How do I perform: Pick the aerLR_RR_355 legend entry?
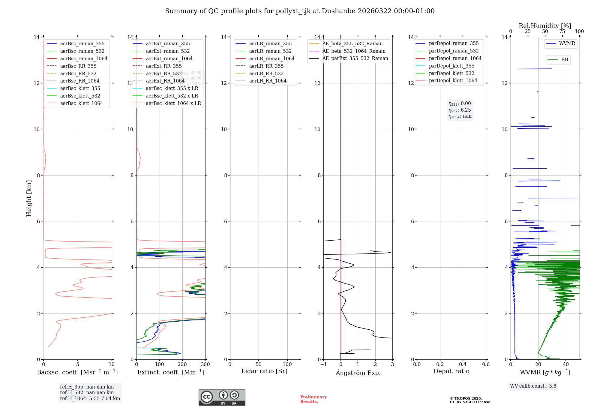click(x=266, y=66)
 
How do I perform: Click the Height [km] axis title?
click(x=29, y=198)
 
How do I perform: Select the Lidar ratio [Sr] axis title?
click(x=264, y=371)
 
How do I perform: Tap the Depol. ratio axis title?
click(x=451, y=371)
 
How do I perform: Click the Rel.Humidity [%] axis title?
click(x=545, y=26)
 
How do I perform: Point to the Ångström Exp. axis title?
click(x=358, y=373)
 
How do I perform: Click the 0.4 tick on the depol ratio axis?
click(x=463, y=364)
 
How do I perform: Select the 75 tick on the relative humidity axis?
click(x=562, y=31)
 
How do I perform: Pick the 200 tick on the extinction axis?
click(x=182, y=364)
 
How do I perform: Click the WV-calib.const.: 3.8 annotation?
click(x=533, y=386)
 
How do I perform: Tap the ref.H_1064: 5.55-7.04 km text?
click(x=90, y=399)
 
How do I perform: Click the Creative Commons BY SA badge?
click(x=222, y=397)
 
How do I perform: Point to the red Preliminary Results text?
click(x=313, y=399)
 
